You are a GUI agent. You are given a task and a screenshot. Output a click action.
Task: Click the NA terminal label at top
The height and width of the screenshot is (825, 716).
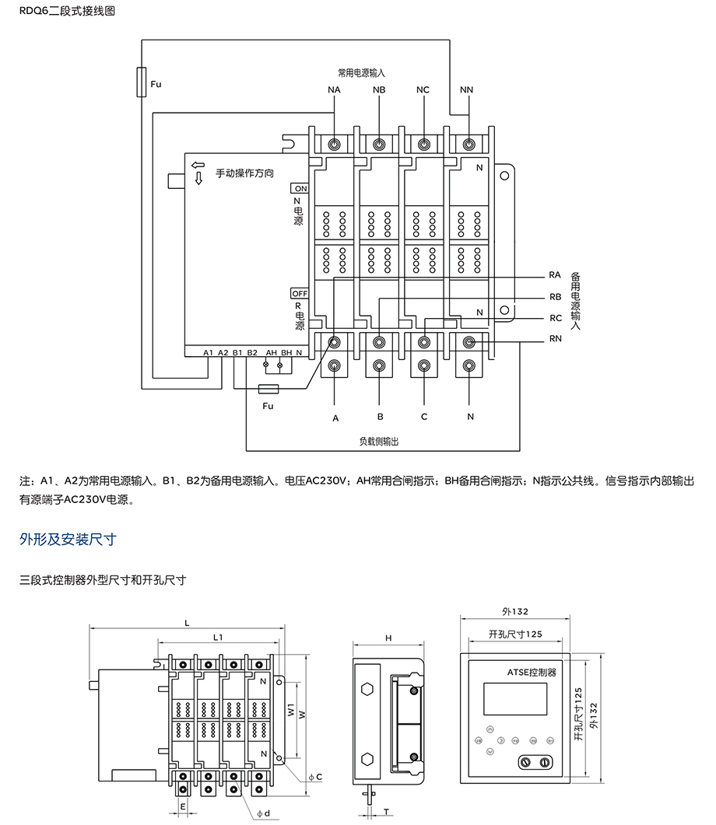[x=334, y=90]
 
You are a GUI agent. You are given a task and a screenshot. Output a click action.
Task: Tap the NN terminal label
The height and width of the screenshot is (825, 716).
[x=467, y=90]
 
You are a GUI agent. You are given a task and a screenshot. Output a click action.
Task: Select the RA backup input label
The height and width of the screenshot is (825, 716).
[x=555, y=275]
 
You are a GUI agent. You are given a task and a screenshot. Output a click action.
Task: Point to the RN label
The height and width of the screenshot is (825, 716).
[x=555, y=339]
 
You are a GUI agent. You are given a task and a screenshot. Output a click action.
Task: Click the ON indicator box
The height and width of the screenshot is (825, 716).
[x=300, y=188]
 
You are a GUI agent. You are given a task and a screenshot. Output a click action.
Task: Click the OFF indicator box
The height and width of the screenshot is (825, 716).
[x=300, y=293]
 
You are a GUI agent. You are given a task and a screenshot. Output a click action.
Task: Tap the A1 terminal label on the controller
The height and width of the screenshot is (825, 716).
[x=208, y=353]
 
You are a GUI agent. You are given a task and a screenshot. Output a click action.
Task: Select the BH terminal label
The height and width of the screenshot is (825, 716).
[x=286, y=353]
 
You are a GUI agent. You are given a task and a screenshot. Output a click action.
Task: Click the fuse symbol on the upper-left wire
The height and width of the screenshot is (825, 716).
[x=141, y=82]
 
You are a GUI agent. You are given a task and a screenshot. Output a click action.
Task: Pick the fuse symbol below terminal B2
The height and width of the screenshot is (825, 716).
[x=269, y=391]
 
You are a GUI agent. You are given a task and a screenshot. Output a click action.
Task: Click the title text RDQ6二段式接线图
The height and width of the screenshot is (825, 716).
[x=60, y=12]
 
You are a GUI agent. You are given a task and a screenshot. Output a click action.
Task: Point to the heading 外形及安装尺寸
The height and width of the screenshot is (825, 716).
[x=68, y=540]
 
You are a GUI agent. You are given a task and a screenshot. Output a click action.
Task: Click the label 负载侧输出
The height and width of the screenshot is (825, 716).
[x=379, y=441]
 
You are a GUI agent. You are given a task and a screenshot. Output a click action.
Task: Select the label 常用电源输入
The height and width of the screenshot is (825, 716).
[x=362, y=72]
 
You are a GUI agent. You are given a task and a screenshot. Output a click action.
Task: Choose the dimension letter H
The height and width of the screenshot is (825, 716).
[x=388, y=638]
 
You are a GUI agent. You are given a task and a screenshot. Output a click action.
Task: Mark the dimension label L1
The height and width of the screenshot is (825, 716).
[x=219, y=637]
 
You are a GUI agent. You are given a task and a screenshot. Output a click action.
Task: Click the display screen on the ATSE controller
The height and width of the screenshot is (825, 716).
[x=510, y=697]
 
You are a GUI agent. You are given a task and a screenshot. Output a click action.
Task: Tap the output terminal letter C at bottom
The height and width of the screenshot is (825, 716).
[x=424, y=417]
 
